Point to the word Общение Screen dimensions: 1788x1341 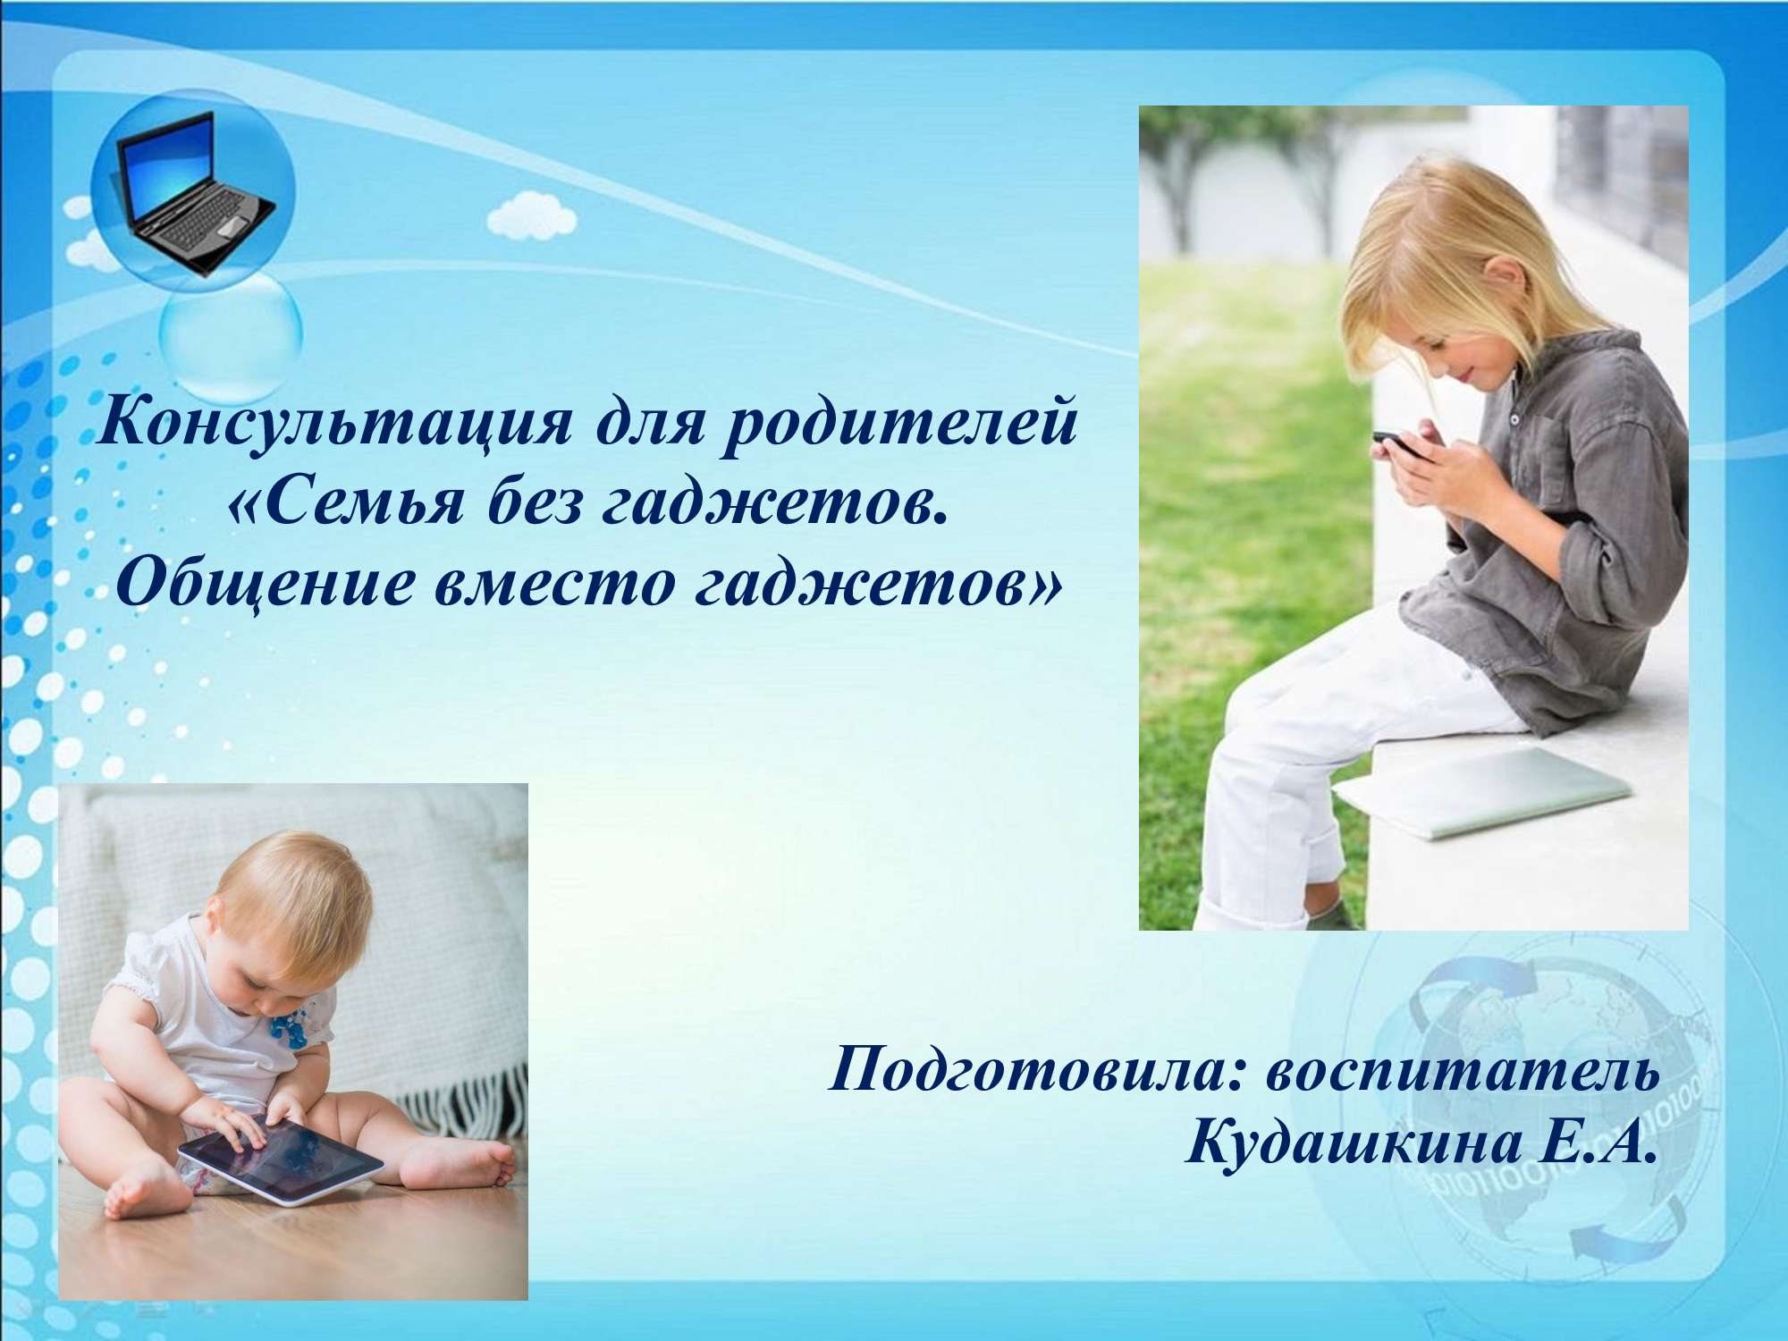coord(265,586)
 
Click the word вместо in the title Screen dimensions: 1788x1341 coord(555,586)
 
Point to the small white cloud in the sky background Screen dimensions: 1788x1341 coord(533,215)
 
